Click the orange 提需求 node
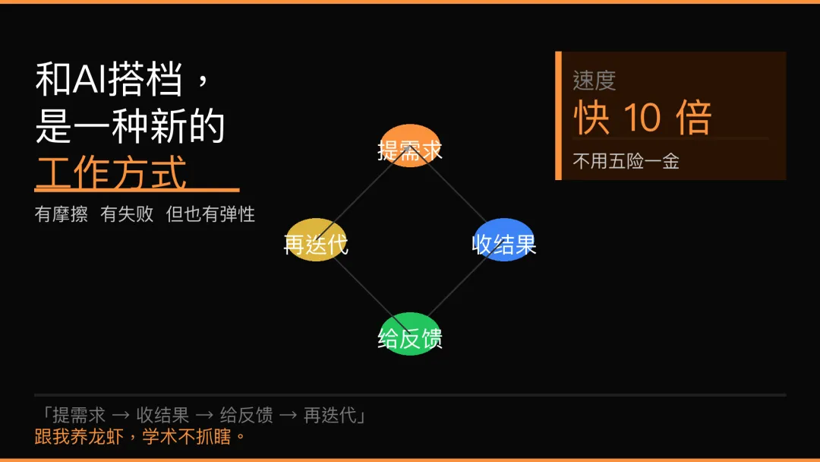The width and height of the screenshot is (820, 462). tap(410, 145)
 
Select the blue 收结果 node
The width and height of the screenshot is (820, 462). tap(504, 239)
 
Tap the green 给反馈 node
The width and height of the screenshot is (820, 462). tap(410, 334)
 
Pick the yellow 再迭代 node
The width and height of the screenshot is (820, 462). tap(316, 239)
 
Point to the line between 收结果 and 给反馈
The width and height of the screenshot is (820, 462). tap(457, 286)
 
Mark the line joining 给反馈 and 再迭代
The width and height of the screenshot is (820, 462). tap(363, 286)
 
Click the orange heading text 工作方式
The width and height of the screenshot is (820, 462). tap(111, 172)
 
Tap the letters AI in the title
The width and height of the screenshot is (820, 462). tap(90, 81)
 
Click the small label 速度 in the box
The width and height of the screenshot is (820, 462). tap(594, 81)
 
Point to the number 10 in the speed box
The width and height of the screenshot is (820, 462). tap(642, 119)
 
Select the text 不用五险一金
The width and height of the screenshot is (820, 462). tap(626, 161)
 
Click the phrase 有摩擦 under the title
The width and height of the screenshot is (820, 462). tap(61, 214)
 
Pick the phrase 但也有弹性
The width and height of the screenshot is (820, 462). tap(210, 214)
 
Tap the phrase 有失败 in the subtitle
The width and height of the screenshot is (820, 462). tap(127, 214)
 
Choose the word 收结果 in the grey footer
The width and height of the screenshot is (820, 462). tap(162, 415)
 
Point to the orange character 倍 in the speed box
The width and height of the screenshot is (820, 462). tap(692, 119)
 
